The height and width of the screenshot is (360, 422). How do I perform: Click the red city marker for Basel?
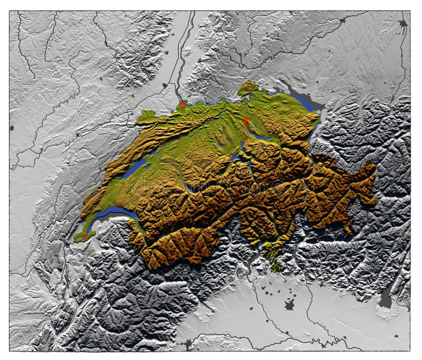(x=182, y=104)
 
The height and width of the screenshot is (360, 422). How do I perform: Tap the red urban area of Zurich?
(x=246, y=121)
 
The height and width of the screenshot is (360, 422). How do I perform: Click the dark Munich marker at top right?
(x=403, y=24)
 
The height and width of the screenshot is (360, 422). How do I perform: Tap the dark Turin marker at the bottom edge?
(x=190, y=344)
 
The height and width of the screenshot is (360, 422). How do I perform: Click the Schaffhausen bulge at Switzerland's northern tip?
(x=248, y=87)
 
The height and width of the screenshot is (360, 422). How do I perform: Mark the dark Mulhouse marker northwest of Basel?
(x=164, y=85)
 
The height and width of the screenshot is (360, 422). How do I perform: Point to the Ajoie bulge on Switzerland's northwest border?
(x=146, y=116)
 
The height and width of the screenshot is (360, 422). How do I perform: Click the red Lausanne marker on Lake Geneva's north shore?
(x=118, y=205)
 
